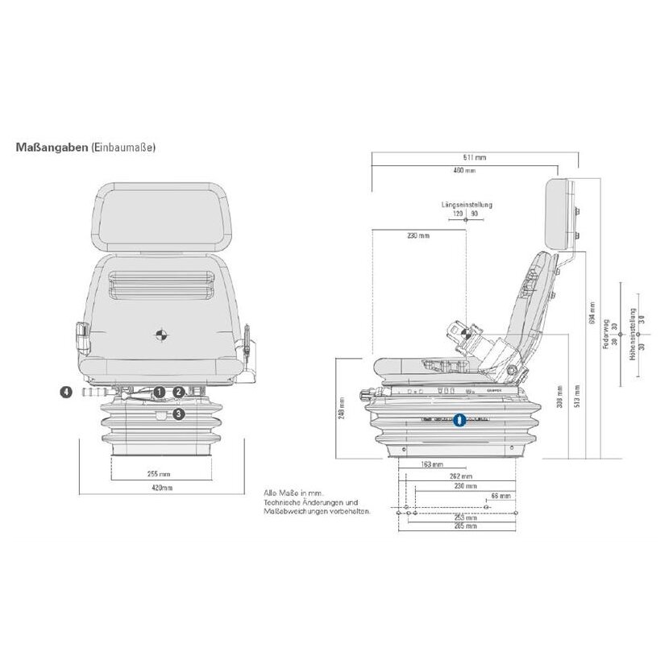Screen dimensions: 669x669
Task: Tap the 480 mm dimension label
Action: [x=464, y=171]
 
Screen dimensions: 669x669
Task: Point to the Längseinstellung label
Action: [x=467, y=205]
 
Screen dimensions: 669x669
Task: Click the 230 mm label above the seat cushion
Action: [x=418, y=236]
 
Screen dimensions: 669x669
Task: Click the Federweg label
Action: [x=605, y=333]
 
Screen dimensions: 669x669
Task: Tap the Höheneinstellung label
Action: [x=634, y=334]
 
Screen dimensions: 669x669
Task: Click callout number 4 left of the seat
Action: [x=67, y=393]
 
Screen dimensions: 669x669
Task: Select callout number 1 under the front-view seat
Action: [x=160, y=392]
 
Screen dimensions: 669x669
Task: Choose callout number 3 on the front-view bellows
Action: [x=179, y=413]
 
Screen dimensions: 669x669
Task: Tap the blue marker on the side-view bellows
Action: [x=459, y=420]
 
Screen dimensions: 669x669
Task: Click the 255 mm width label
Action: [x=160, y=475]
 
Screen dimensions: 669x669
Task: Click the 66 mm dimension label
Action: [x=501, y=497]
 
